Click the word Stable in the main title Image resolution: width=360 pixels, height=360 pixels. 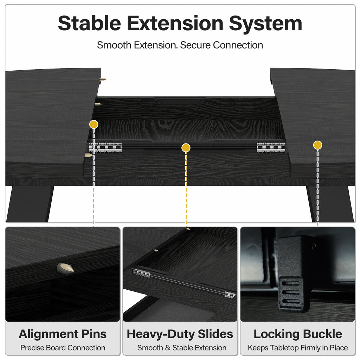[89, 23]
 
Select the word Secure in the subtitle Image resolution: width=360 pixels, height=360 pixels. [195, 45]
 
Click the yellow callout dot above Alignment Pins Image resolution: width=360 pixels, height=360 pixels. [94, 124]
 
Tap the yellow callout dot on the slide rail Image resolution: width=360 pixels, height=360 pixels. [186, 148]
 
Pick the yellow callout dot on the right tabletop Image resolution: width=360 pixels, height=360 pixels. [317, 145]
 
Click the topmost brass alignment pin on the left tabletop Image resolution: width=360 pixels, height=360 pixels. [102, 79]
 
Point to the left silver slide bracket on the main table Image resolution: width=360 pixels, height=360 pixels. [105, 148]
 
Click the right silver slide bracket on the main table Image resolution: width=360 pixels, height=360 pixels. [271, 148]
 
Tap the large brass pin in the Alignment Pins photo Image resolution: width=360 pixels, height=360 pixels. [65, 268]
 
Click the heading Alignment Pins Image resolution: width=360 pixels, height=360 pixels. [63, 334]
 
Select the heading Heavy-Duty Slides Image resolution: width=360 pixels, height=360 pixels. [180, 334]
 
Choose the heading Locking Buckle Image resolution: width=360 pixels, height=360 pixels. [298, 334]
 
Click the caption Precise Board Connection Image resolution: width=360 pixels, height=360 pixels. [63, 348]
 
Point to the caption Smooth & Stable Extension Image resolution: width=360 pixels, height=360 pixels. [182, 348]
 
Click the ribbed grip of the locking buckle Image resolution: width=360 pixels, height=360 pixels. [291, 295]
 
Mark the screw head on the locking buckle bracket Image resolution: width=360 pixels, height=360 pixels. [315, 246]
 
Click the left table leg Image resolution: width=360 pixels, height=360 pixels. [30, 204]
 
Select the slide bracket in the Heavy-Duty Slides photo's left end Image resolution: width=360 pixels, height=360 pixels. [141, 273]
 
